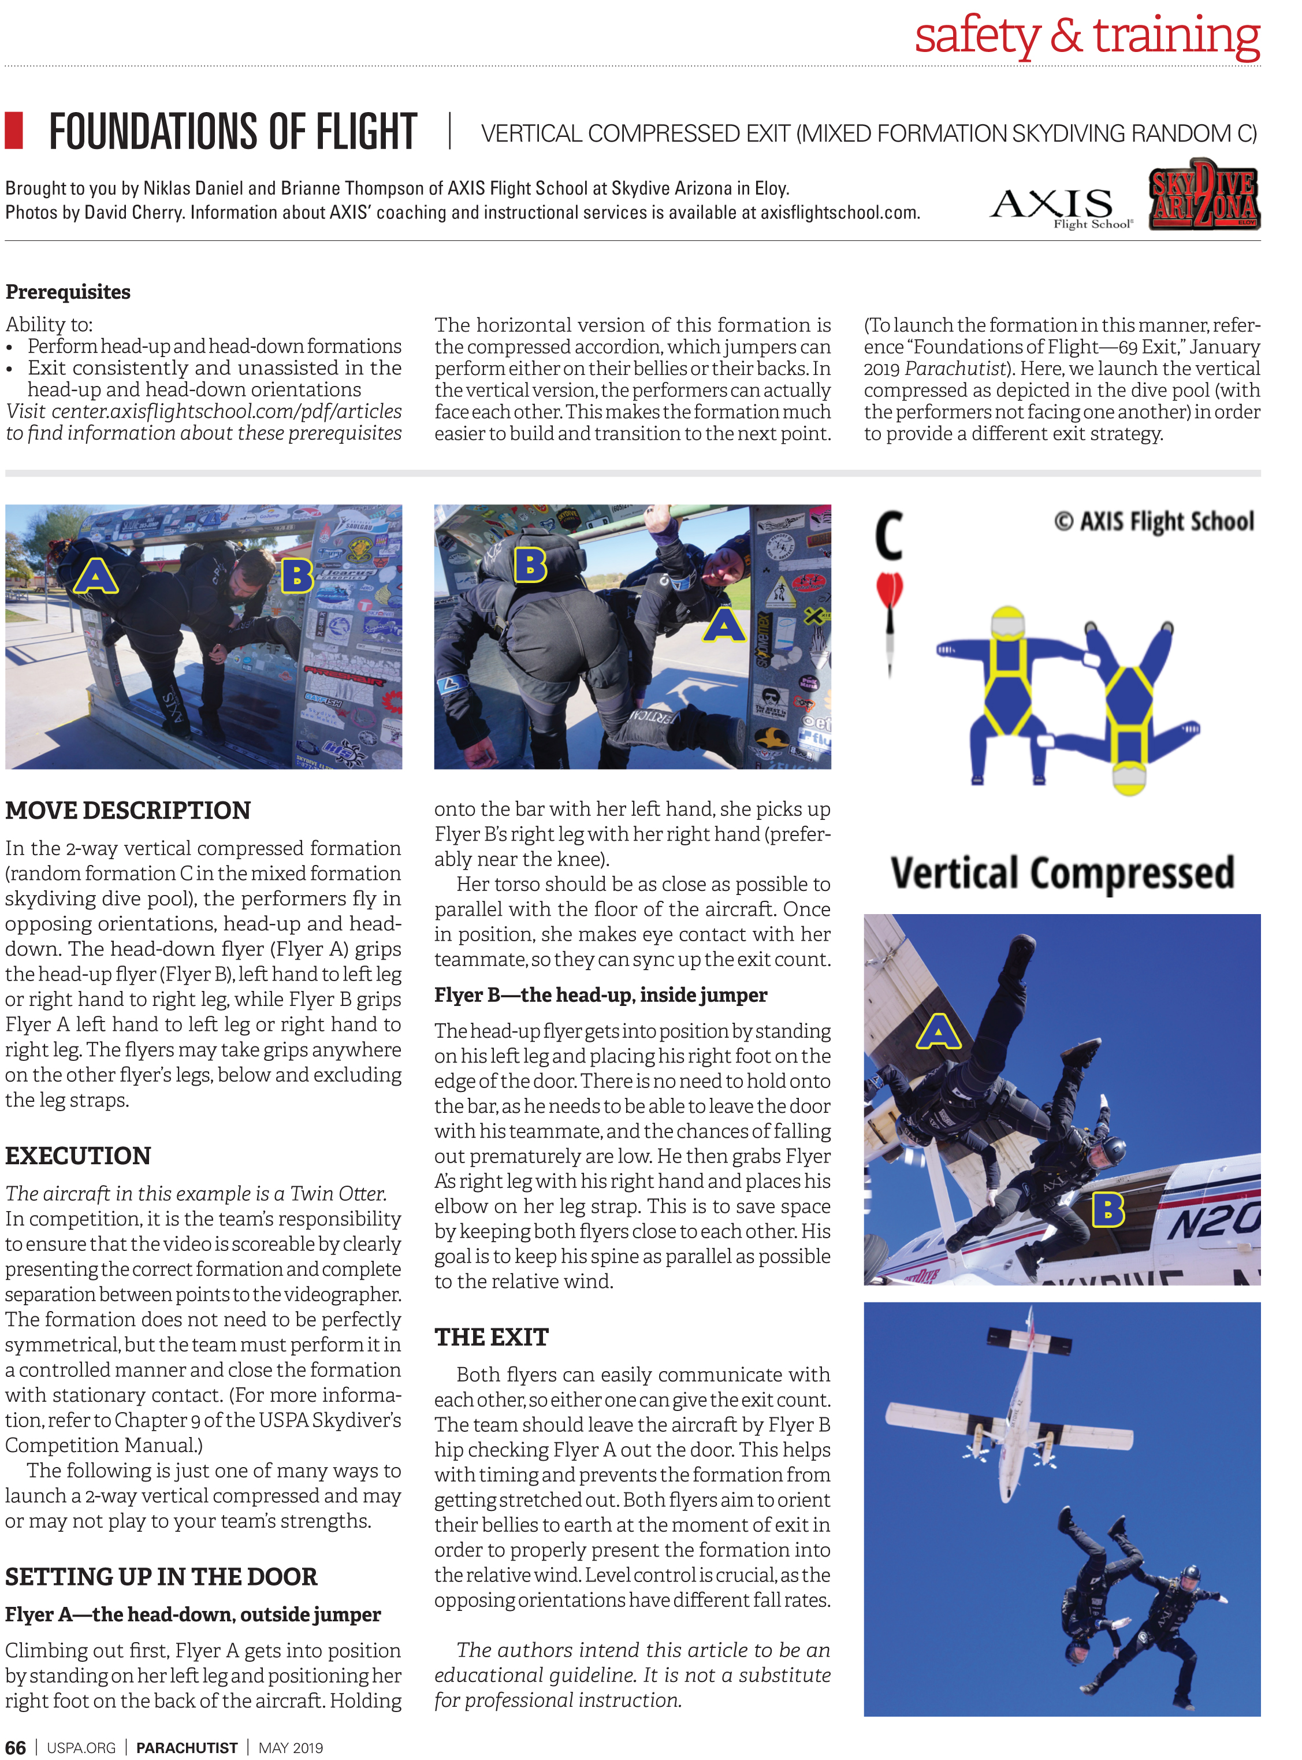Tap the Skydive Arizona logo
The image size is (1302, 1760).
[x=1203, y=195]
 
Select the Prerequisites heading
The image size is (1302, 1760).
[x=68, y=292]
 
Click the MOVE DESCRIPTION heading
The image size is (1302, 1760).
[x=128, y=810]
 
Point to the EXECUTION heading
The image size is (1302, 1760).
[x=78, y=1156]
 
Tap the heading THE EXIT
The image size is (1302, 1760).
[x=491, y=1338]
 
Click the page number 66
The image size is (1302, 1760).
[x=15, y=1747]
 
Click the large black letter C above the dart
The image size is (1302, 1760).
[x=888, y=536]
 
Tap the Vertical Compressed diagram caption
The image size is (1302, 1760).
[x=1062, y=873]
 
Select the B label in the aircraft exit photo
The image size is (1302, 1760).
[x=1107, y=1209]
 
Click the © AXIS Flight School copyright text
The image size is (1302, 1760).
[x=1153, y=522]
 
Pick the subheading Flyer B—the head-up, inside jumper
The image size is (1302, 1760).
[x=601, y=996]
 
